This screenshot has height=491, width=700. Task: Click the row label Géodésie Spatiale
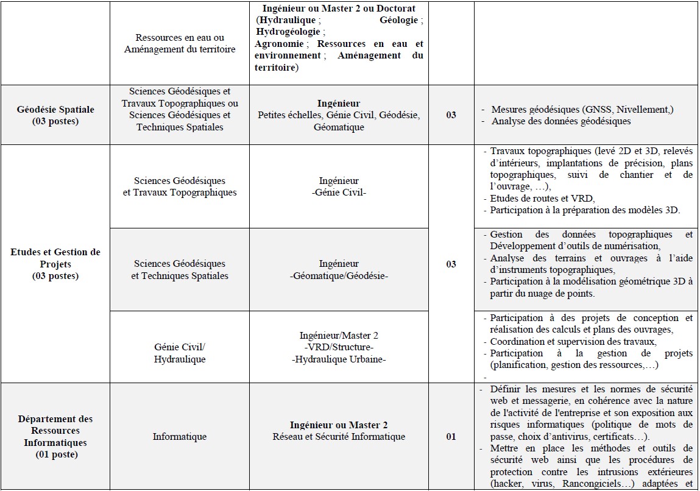[x=55, y=115]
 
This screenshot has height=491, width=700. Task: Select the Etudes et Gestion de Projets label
[x=55, y=264]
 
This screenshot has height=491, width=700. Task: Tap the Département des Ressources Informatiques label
[x=55, y=436]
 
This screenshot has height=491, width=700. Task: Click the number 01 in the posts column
[x=451, y=436]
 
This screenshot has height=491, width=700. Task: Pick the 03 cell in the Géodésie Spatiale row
[x=451, y=115]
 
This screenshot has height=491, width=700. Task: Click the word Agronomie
[x=280, y=44]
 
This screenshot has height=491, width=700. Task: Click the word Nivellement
[x=642, y=109]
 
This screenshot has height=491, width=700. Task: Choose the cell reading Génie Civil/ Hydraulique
[x=180, y=353]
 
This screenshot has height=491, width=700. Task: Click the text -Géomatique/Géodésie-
[x=339, y=275]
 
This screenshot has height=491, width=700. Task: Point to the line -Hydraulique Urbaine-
[x=339, y=359]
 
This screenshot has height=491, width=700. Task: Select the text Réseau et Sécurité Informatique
[x=339, y=436]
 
